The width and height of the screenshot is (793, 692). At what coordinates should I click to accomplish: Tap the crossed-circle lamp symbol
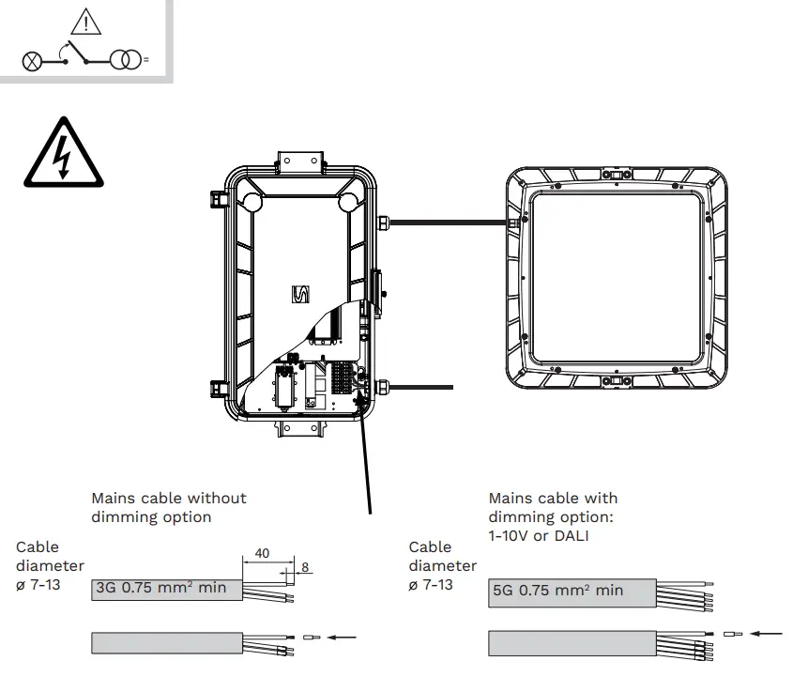point(33,61)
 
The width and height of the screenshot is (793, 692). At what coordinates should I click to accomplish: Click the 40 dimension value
point(262,553)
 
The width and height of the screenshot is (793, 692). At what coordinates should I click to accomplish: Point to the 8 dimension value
point(305,567)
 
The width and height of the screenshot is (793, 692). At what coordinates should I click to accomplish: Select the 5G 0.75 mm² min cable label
point(557,591)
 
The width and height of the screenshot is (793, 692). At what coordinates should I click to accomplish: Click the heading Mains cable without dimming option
point(168,507)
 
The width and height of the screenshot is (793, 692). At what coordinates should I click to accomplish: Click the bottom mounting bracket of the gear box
point(299,429)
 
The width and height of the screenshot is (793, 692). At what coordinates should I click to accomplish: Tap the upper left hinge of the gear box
point(219,199)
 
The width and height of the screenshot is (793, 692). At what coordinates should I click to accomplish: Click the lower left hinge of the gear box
point(219,387)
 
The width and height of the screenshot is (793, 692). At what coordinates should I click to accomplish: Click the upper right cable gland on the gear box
point(384,223)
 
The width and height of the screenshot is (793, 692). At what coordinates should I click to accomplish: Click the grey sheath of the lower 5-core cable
point(571,643)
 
